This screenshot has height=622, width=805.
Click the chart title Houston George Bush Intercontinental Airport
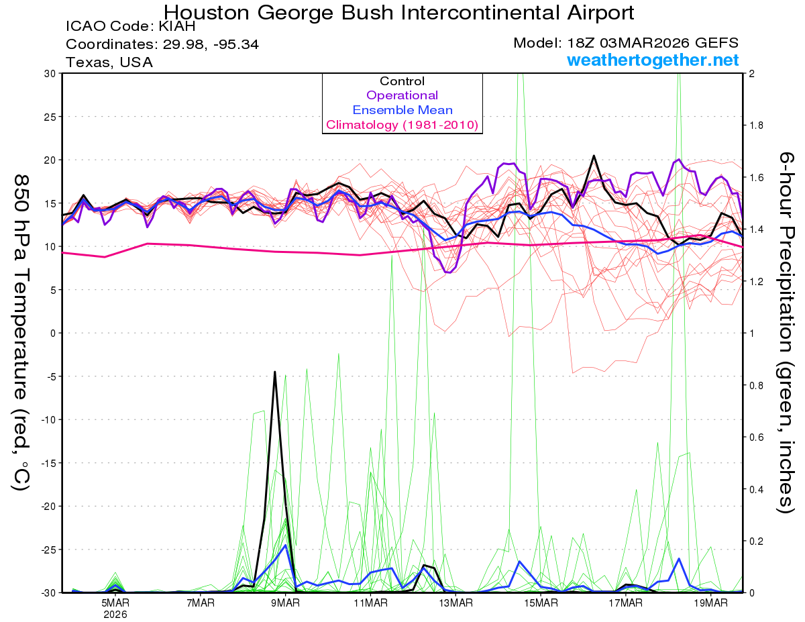[399, 12]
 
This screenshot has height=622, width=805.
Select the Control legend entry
[402, 81]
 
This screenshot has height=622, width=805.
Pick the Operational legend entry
[402, 95]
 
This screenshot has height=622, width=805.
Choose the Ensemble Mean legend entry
[402, 110]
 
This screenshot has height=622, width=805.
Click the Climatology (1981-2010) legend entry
[402, 125]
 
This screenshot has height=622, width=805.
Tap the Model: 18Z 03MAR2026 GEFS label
[626, 44]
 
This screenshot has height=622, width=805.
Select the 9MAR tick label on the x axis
[285, 603]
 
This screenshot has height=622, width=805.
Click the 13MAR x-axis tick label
[455, 603]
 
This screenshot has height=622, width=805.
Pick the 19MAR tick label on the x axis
[710, 603]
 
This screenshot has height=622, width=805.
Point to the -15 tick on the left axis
[48, 463]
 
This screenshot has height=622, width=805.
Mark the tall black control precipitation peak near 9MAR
[274, 372]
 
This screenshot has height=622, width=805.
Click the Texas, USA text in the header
[109, 62]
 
